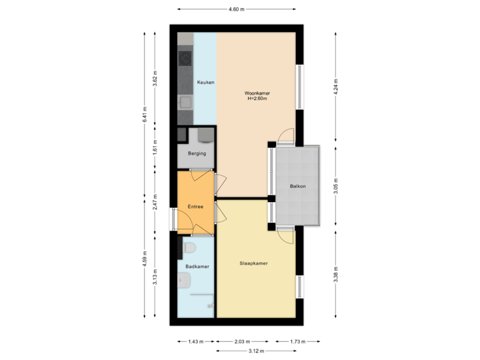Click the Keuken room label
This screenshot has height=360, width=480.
pos(205,83)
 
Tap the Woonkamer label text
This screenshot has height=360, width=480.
pos(257,93)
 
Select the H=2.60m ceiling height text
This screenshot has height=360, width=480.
pos(257,99)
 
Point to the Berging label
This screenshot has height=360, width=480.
pos(197,154)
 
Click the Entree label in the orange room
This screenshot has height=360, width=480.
pos(195,207)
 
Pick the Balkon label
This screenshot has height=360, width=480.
pos(298,186)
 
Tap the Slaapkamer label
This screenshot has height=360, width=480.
pos(254,264)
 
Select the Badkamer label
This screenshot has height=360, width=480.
pos(198,267)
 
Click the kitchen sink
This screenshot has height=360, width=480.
pos(185,102)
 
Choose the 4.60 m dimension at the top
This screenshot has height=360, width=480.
pos(237,9)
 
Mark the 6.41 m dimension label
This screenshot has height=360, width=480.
pos(144,115)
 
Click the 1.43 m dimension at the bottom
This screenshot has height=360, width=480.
pos(195,341)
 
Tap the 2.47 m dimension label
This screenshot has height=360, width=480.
pos(155,201)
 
